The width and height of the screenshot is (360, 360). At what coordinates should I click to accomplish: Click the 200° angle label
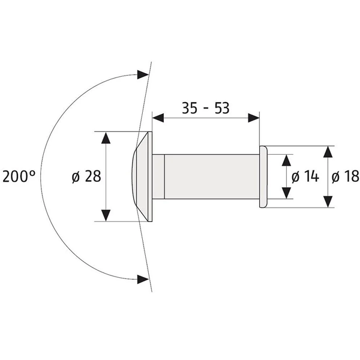19,176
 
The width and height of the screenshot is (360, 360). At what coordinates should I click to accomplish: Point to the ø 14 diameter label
304,176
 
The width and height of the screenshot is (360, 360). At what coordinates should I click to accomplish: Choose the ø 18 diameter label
344,176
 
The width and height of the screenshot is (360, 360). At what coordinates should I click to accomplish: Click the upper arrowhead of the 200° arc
143,74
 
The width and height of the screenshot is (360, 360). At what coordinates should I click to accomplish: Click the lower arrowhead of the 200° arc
143,278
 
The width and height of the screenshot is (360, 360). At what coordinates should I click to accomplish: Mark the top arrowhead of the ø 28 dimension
106,137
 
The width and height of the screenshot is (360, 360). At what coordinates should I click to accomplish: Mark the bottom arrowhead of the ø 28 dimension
106,215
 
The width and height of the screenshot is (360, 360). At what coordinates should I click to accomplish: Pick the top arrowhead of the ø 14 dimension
286,159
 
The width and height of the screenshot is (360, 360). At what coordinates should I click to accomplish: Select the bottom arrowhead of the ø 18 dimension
328,202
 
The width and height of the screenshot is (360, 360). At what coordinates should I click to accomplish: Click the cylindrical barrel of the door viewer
210,176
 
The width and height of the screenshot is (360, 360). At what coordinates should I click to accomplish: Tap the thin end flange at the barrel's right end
263,176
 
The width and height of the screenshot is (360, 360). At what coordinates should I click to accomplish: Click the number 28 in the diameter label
92,176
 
